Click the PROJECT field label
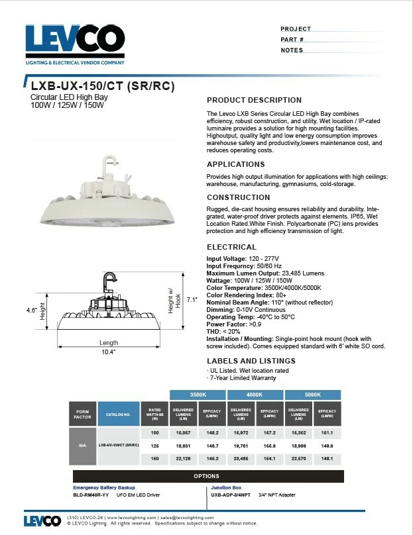coord(295,29)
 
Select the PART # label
coord(292,40)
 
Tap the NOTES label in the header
coord(292,50)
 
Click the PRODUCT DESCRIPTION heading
coord(254,100)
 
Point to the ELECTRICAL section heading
coord(231,247)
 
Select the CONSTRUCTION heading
coord(238,197)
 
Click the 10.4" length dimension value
coord(109,352)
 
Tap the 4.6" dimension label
coord(30,310)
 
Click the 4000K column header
coord(255,395)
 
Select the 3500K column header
coord(198,395)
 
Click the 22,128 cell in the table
coord(184,458)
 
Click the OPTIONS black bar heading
coord(207,476)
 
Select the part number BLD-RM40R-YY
coord(91,495)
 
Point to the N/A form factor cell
coord(83,445)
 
